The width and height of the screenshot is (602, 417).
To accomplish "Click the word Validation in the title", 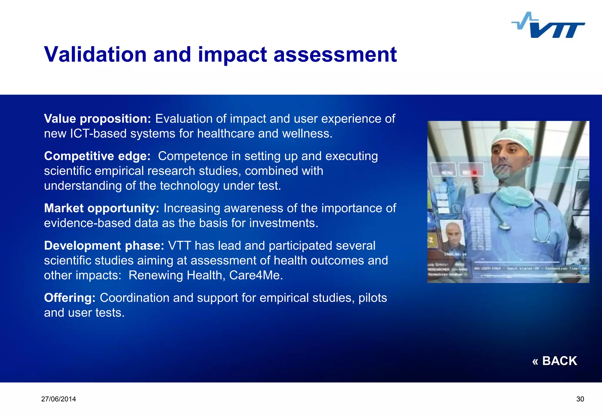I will point(95,55).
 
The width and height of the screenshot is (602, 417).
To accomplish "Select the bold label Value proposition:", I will point(97,119).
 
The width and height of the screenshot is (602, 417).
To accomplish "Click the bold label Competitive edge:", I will point(97,156).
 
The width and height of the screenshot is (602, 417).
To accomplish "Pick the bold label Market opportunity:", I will point(101,208).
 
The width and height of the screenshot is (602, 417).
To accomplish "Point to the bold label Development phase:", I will point(104,246).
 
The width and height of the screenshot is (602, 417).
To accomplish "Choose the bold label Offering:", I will point(70,298).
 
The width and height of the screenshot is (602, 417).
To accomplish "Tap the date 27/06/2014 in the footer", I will point(58,399).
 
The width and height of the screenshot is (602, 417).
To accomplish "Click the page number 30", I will point(580,399).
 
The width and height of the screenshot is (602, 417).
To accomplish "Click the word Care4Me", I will point(256,275).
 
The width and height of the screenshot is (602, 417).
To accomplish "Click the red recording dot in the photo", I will point(474,172).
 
